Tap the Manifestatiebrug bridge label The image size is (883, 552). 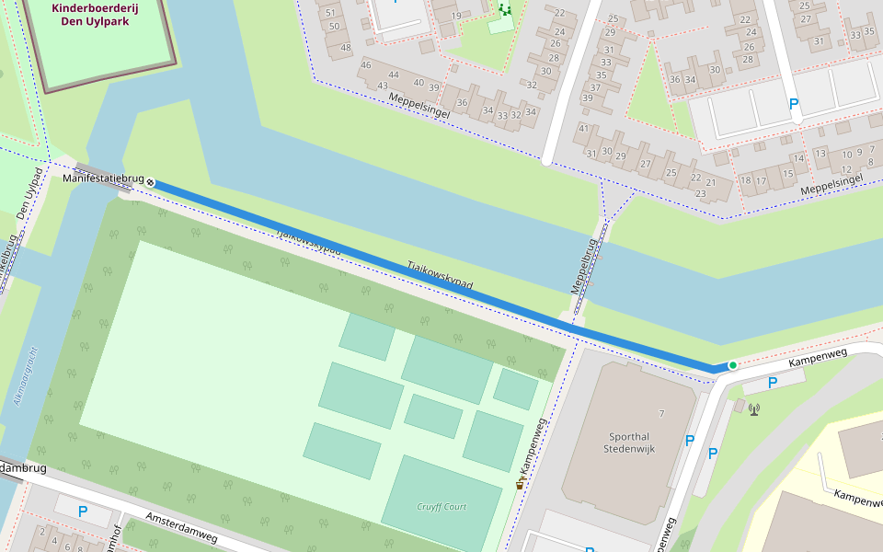pos(103,178)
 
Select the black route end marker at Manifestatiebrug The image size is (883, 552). pos(150,183)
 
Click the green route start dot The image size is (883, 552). pos(732,365)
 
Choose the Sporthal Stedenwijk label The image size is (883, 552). pos(627,443)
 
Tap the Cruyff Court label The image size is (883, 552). pos(441,506)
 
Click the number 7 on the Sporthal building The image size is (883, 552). pos(661,414)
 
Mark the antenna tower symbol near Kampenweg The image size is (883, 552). pos(754,408)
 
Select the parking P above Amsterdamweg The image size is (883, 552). pos(83,512)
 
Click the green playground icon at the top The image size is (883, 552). pos(503,9)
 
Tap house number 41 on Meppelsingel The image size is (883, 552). pos(583,128)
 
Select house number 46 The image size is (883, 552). pos(365,64)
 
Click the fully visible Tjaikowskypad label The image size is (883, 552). pos(440,275)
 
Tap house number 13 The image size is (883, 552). pos(820,154)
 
